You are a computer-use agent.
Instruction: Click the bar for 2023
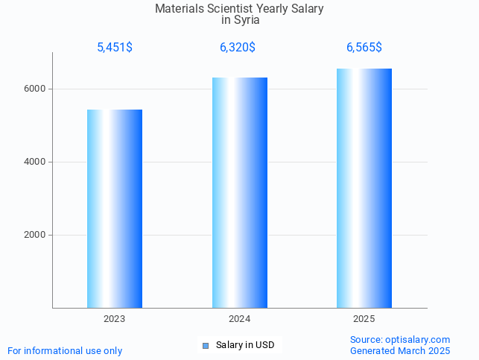click(115, 209)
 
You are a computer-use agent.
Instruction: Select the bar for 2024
click(240, 192)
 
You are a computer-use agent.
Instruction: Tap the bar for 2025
click(364, 188)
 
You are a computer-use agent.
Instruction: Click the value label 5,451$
click(115, 48)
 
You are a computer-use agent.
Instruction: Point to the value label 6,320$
click(238, 48)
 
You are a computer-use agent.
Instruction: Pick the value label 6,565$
click(364, 48)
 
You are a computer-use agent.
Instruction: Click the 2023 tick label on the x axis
click(115, 319)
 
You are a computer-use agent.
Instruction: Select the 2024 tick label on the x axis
click(240, 319)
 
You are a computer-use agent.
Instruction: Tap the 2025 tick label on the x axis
click(364, 319)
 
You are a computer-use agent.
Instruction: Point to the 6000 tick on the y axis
click(36, 89)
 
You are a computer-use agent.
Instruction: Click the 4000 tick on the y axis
click(36, 162)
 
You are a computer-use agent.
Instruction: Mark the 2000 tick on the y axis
click(36, 235)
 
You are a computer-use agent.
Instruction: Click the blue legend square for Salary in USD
click(206, 345)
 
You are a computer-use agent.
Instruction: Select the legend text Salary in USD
click(245, 345)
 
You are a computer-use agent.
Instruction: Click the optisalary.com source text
click(400, 340)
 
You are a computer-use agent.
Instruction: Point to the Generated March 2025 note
click(400, 351)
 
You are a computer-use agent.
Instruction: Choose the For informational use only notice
click(65, 351)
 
